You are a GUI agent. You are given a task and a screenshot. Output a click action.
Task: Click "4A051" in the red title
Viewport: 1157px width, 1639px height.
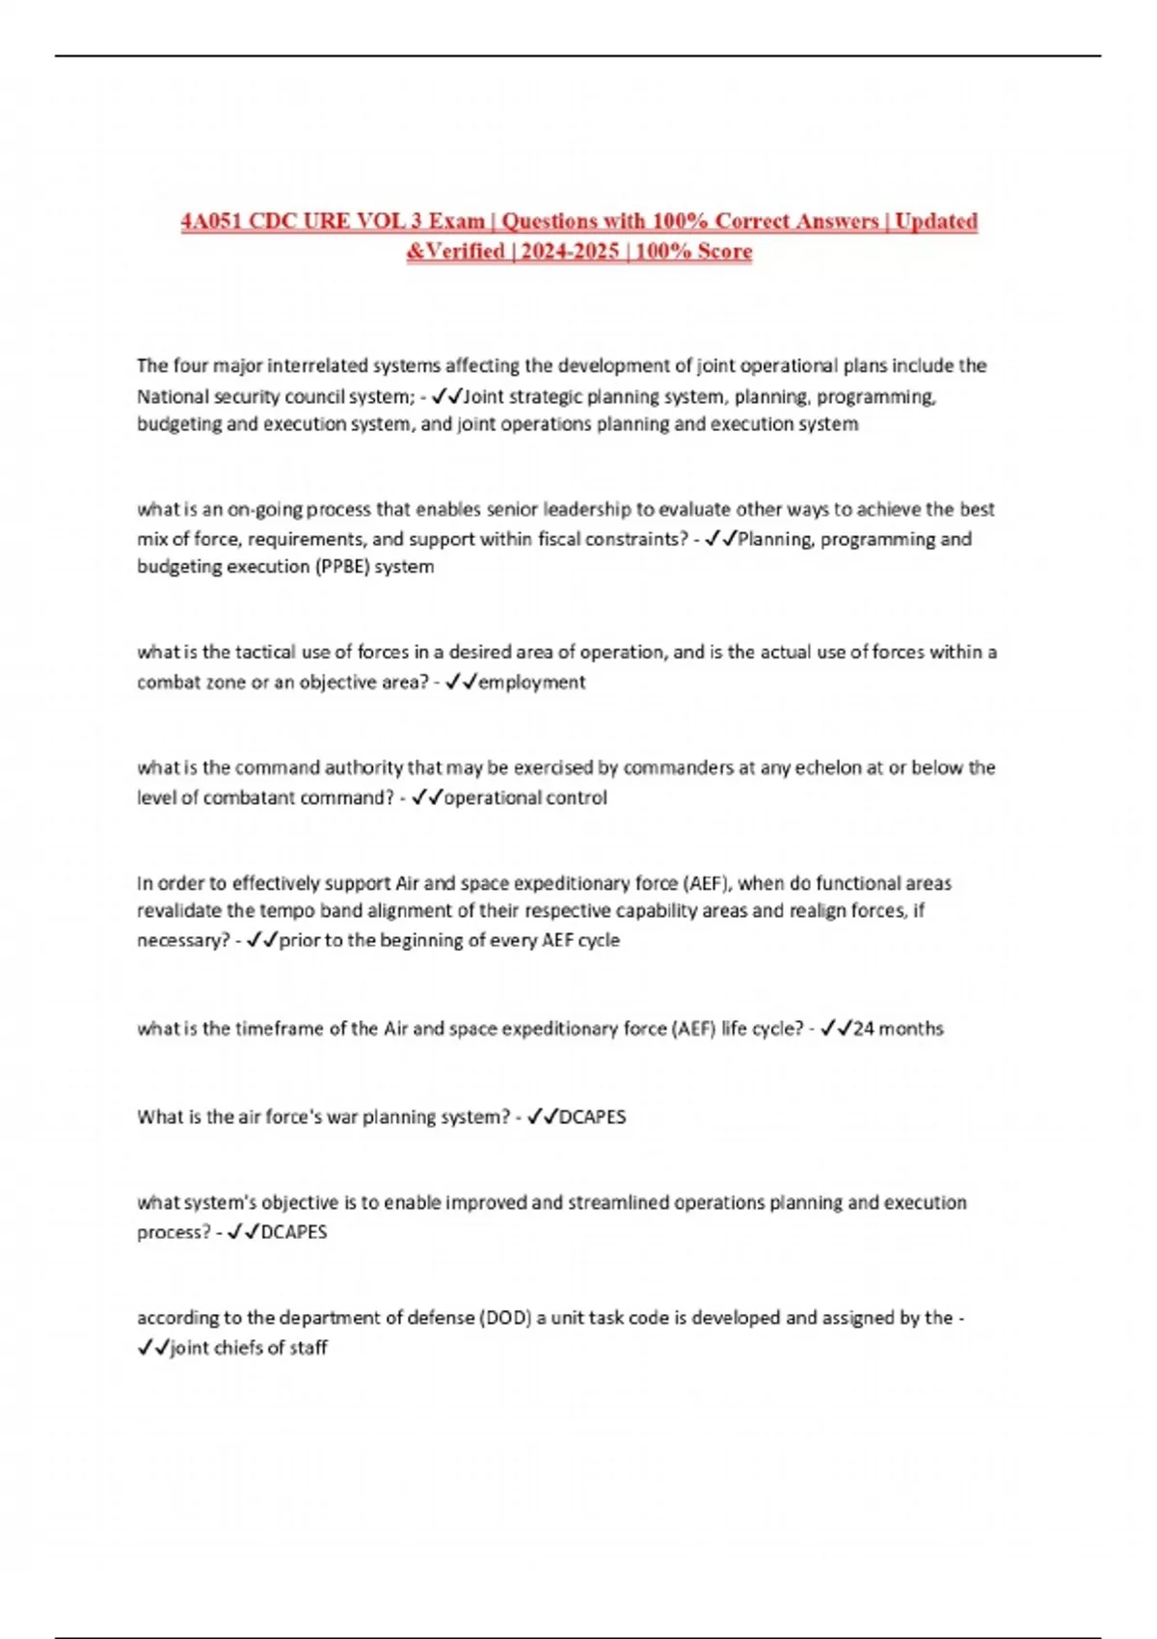click(x=212, y=222)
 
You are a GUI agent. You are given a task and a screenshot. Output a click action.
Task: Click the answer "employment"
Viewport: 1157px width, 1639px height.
click(x=531, y=683)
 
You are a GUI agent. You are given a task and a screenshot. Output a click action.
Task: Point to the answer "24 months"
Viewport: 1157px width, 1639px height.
click(x=898, y=1029)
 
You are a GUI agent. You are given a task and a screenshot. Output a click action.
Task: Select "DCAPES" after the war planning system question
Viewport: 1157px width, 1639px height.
click(x=592, y=1117)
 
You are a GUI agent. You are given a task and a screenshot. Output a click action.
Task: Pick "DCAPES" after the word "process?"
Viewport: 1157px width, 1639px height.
click(x=294, y=1232)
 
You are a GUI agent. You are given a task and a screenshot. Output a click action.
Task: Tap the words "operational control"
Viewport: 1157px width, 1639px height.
click(x=525, y=798)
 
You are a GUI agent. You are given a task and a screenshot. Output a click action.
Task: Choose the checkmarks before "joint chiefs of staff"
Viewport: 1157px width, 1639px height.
click(x=153, y=1348)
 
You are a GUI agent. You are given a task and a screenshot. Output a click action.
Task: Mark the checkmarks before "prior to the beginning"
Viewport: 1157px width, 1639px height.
click(x=261, y=940)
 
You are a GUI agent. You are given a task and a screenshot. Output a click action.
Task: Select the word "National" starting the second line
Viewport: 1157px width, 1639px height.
click(x=169, y=396)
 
